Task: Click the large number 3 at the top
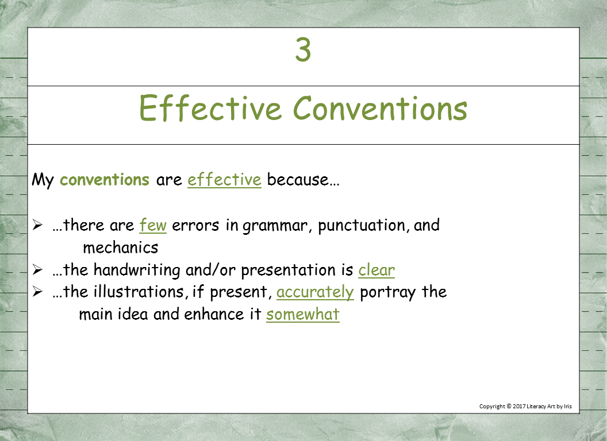click(303, 51)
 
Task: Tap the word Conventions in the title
click(380, 109)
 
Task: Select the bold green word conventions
click(105, 180)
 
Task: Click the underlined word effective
click(224, 180)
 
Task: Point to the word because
click(303, 180)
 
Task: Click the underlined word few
click(153, 225)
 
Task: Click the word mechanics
click(120, 247)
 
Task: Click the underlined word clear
click(377, 270)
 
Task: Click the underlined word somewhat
click(302, 315)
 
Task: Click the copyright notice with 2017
click(525, 407)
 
